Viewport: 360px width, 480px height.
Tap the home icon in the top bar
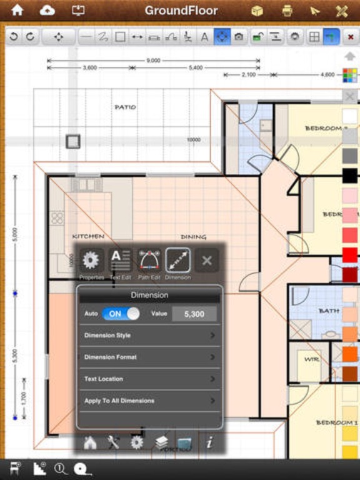pyautogui.click(x=17, y=11)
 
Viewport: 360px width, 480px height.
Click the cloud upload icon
pyautogui.click(x=47, y=11)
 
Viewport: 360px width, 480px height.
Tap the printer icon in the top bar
pyautogui.click(x=287, y=11)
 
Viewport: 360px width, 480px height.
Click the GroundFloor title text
pyautogui.click(x=181, y=11)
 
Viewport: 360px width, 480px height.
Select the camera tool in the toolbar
pyautogui.click(x=239, y=37)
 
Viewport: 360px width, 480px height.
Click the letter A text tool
pyautogui.click(x=204, y=37)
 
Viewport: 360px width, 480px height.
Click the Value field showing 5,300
pyautogui.click(x=194, y=314)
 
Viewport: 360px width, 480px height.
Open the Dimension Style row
pyautogui.click(x=149, y=336)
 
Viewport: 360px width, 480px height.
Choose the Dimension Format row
pyautogui.click(x=149, y=357)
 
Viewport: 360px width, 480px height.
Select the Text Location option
pyautogui.click(x=149, y=379)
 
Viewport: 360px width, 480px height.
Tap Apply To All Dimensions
pyautogui.click(x=149, y=401)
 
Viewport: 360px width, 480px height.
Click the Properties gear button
pyautogui.click(x=91, y=260)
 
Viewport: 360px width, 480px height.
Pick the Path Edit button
pyautogui.click(x=149, y=260)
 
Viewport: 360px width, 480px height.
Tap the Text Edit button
pyautogui.click(x=120, y=260)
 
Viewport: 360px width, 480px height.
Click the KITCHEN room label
pyautogui.click(x=88, y=237)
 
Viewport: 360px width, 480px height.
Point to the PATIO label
pyautogui.click(x=125, y=107)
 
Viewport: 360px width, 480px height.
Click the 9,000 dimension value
pyautogui.click(x=153, y=61)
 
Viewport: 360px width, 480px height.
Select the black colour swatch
pyautogui.click(x=350, y=176)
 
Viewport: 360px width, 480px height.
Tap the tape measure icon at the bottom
pyautogui.click(x=80, y=468)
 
